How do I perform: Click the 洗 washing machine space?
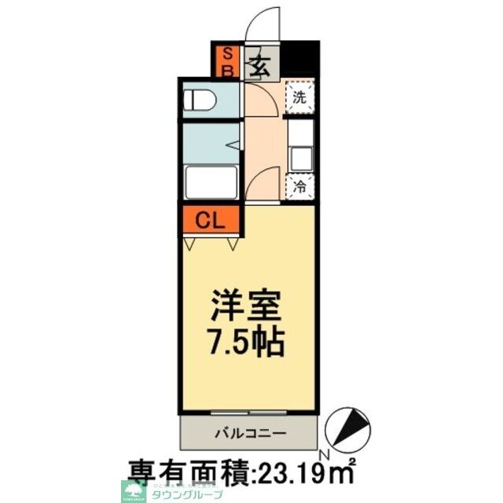[x=299, y=97]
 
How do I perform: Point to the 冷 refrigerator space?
[x=299, y=187]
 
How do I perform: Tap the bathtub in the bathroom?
[x=211, y=184]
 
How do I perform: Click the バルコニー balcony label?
[x=250, y=431]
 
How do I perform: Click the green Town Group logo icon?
[x=130, y=491]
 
